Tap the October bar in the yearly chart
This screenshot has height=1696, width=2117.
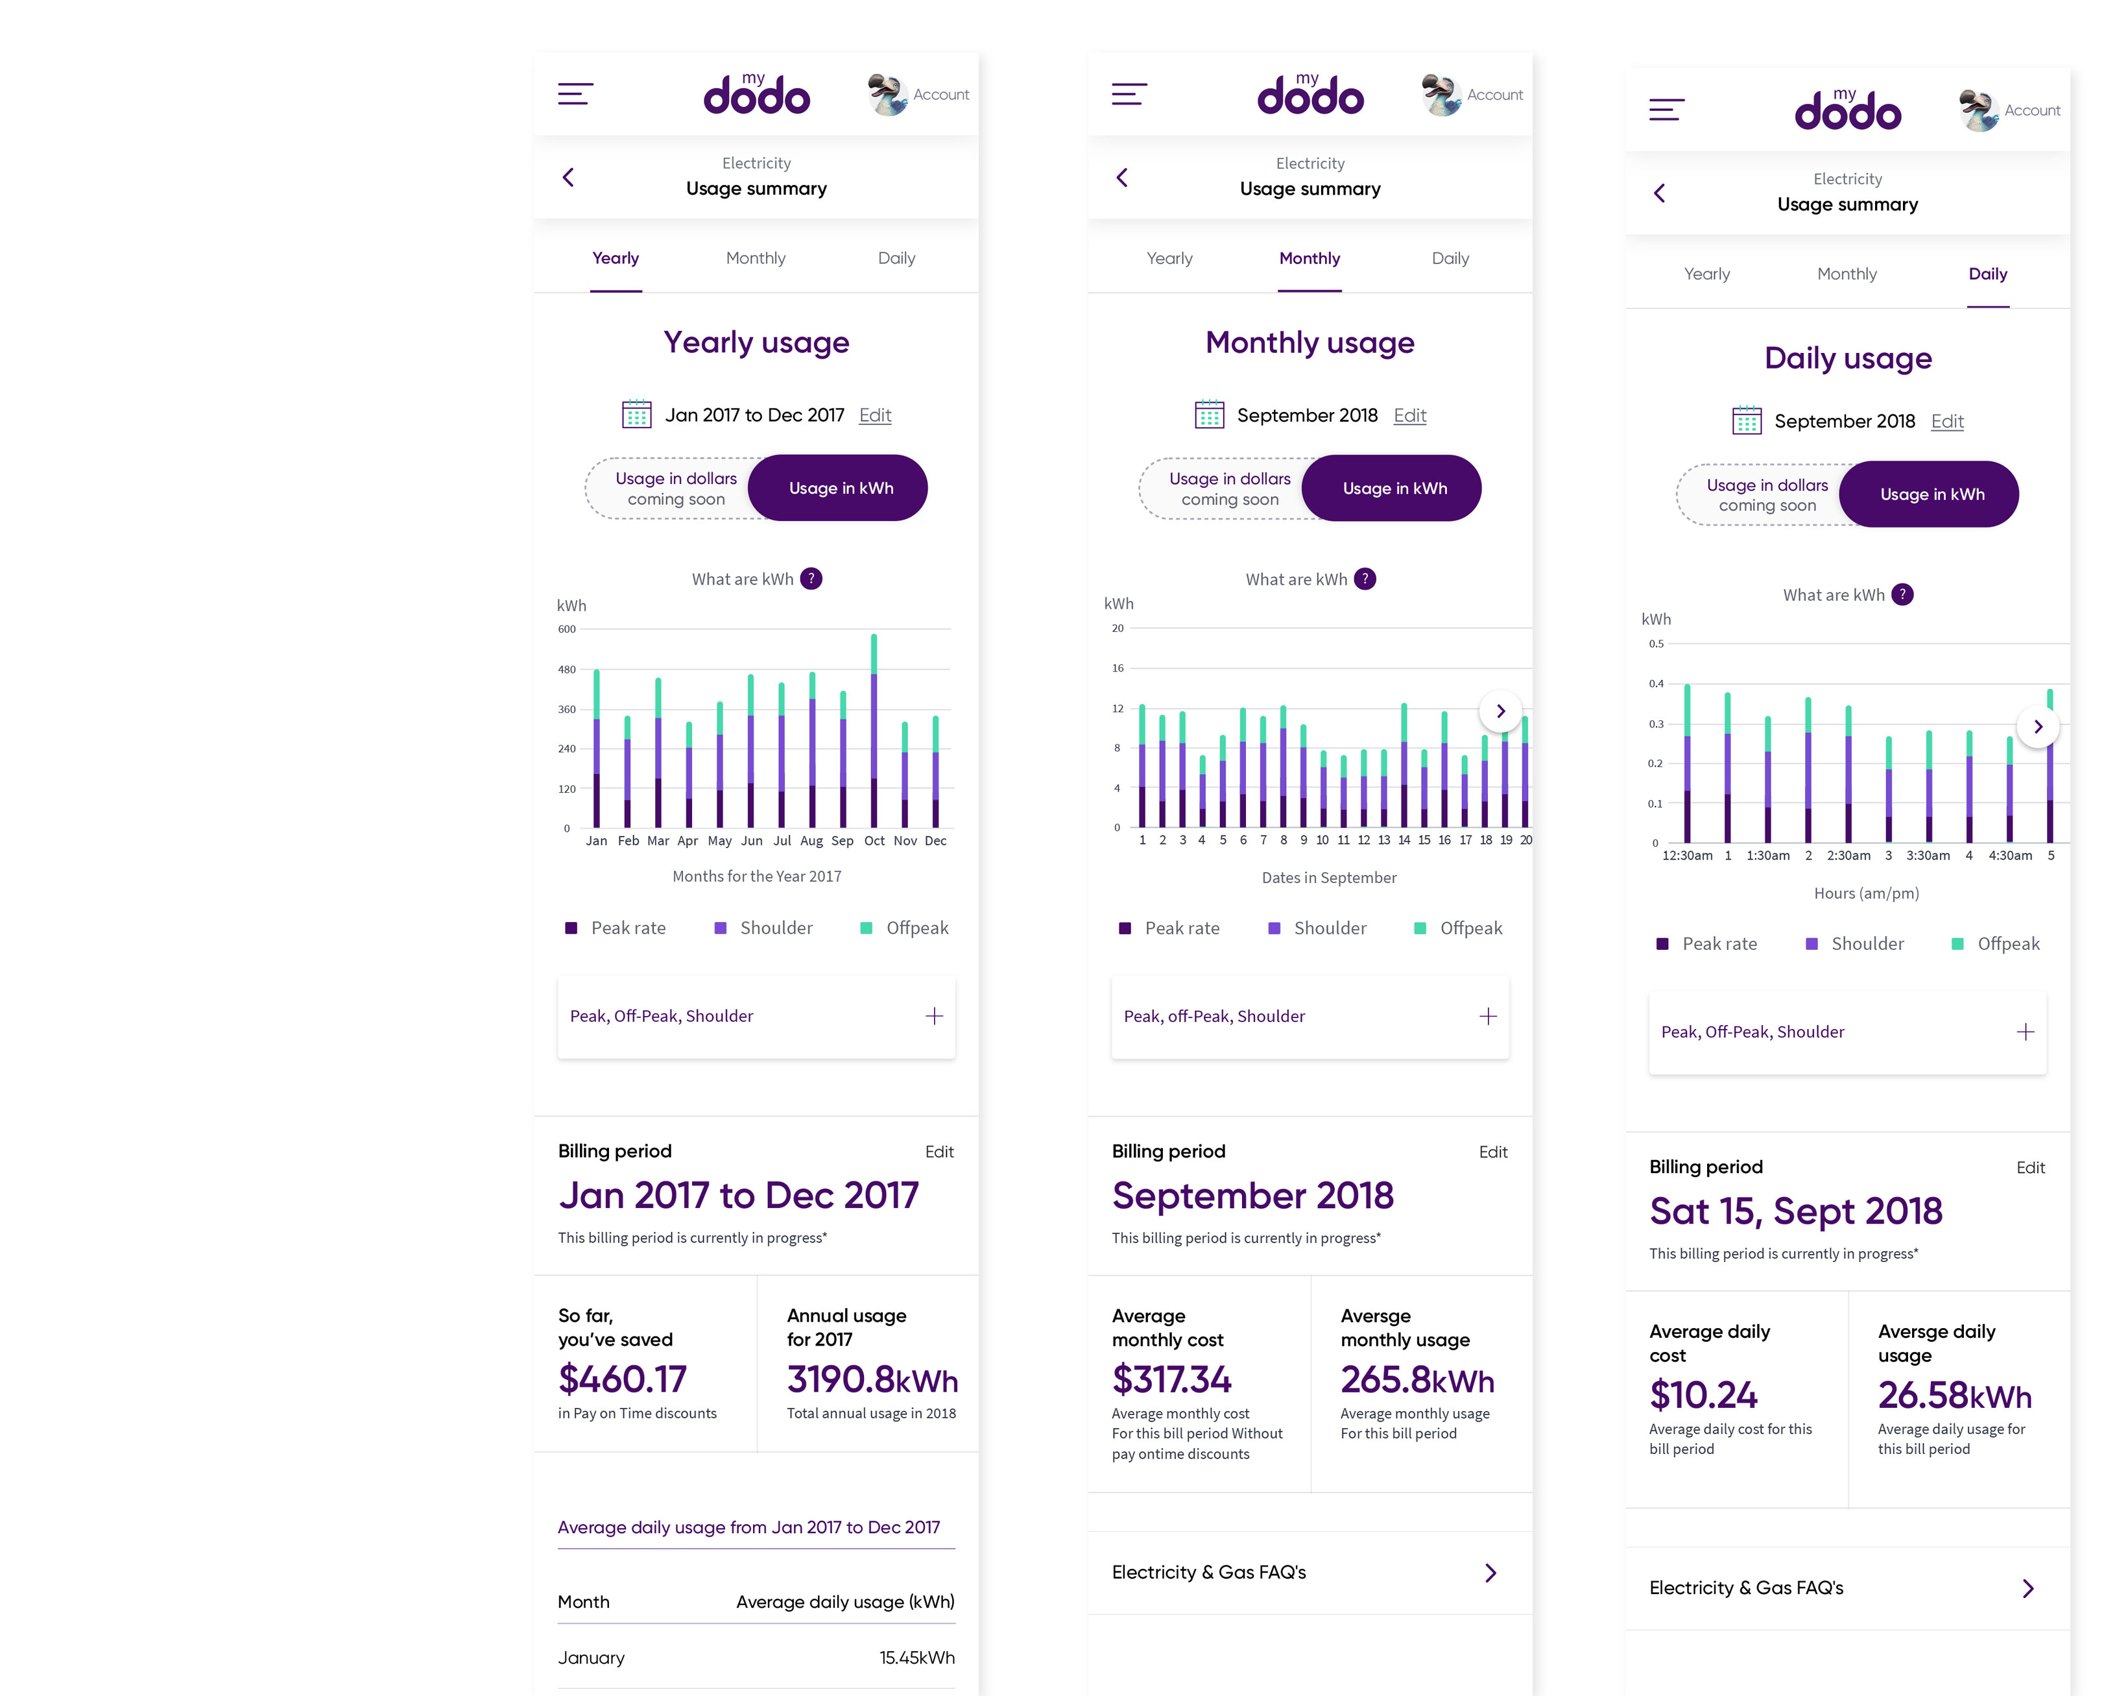pos(874,732)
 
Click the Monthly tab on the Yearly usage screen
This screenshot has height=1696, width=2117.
pos(755,258)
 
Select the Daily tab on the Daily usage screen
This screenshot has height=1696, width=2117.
pos(1987,274)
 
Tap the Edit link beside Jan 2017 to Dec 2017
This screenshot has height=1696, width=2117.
pos(875,415)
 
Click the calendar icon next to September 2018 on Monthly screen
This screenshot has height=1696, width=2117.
pos(1209,415)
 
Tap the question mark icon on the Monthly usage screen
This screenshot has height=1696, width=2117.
pos(1365,579)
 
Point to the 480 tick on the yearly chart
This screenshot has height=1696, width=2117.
pos(567,670)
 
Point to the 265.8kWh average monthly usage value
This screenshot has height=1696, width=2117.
pos(1417,1381)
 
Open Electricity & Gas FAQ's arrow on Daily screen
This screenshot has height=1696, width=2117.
pos(2027,1589)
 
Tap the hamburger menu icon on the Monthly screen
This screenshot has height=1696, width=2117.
pos(1129,94)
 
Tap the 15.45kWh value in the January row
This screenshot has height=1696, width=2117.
pos(916,1658)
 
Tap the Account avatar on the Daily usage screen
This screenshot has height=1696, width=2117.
pos(1979,110)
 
